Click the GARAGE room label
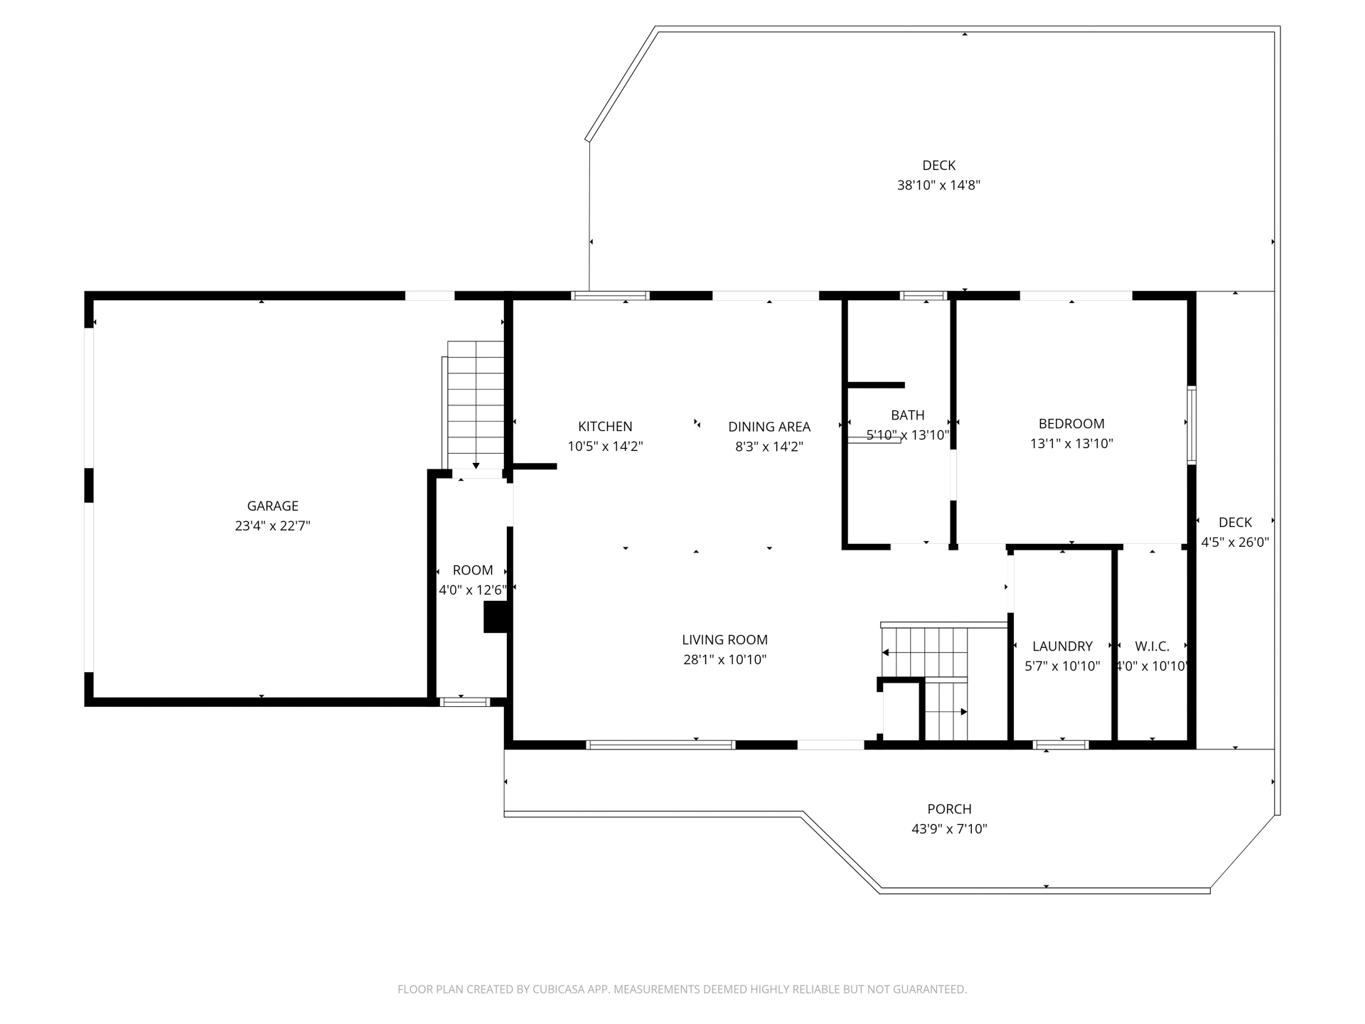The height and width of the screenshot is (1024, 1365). coord(272,506)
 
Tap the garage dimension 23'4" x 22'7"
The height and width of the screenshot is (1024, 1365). coord(272,526)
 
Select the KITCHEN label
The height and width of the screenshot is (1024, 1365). coord(605,426)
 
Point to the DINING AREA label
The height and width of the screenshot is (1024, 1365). coord(769,427)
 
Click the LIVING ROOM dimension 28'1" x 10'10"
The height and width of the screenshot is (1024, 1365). coord(724,660)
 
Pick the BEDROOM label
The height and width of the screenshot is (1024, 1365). coord(1071,424)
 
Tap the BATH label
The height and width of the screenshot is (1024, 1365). coord(908,415)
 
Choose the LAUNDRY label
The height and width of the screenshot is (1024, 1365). coord(1062,646)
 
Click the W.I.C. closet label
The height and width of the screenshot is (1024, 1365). coord(1152,646)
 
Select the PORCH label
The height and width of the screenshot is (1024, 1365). coord(949,809)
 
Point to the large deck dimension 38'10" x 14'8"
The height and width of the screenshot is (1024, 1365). coord(938,186)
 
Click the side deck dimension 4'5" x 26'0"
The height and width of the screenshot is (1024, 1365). coord(1235,542)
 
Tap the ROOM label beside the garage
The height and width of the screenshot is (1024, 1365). coord(473,570)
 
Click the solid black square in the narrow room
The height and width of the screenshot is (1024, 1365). coord(496,617)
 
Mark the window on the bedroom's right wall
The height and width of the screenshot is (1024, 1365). coord(1192,425)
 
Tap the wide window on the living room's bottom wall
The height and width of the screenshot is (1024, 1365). coord(660,745)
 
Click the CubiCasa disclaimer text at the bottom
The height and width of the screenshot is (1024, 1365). coord(682,989)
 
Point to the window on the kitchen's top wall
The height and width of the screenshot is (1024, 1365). coord(610,296)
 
